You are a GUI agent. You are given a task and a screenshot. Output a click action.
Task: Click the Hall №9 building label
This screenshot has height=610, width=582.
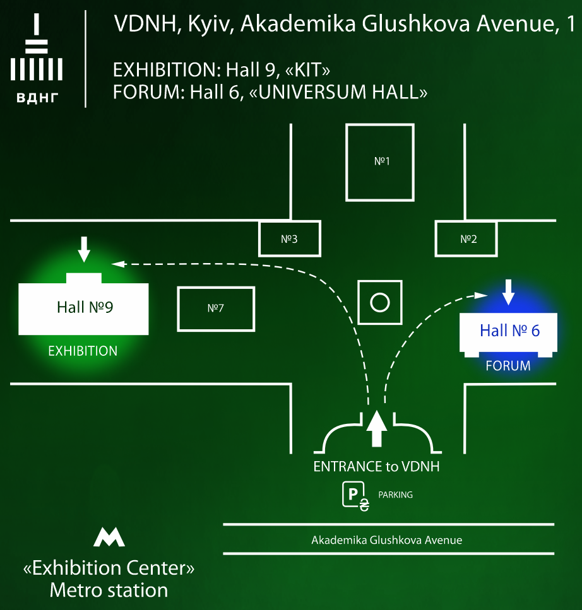click(85, 307)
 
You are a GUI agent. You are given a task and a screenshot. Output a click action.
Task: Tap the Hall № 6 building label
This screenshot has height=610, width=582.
click(509, 331)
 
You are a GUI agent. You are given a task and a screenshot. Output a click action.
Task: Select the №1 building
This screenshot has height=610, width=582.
click(380, 162)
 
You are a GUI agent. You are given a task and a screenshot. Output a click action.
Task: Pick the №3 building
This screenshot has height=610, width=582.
click(290, 238)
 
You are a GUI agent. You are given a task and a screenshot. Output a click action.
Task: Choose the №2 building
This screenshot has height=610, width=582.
click(466, 238)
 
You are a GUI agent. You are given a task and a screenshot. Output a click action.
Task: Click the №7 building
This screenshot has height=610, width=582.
click(216, 309)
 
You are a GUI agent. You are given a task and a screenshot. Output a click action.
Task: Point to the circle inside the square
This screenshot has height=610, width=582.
click(380, 303)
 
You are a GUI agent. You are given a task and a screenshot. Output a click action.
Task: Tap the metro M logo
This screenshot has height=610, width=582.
click(109, 537)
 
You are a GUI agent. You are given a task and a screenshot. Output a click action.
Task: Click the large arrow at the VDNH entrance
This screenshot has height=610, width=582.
click(376, 428)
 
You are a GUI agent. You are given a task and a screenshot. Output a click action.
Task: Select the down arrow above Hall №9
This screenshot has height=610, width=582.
click(84, 249)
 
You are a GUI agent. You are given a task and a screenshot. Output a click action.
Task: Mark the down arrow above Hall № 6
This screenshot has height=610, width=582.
click(508, 292)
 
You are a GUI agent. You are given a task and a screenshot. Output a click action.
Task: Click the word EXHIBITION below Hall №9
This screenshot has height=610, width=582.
click(83, 351)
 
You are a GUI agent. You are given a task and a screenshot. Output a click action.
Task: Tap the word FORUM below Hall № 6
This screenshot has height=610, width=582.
click(508, 366)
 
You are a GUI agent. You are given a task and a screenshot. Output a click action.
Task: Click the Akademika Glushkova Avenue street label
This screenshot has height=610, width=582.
click(386, 540)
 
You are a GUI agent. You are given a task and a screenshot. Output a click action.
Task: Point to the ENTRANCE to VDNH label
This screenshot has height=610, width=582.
click(376, 466)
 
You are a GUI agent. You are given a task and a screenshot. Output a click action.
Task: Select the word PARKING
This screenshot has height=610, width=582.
click(396, 495)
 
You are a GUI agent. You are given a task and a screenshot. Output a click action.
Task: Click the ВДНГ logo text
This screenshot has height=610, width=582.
click(37, 98)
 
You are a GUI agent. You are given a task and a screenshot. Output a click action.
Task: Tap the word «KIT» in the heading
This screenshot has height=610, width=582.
click(307, 70)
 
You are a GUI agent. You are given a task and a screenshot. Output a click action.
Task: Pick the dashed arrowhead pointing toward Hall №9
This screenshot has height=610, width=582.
click(118, 264)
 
